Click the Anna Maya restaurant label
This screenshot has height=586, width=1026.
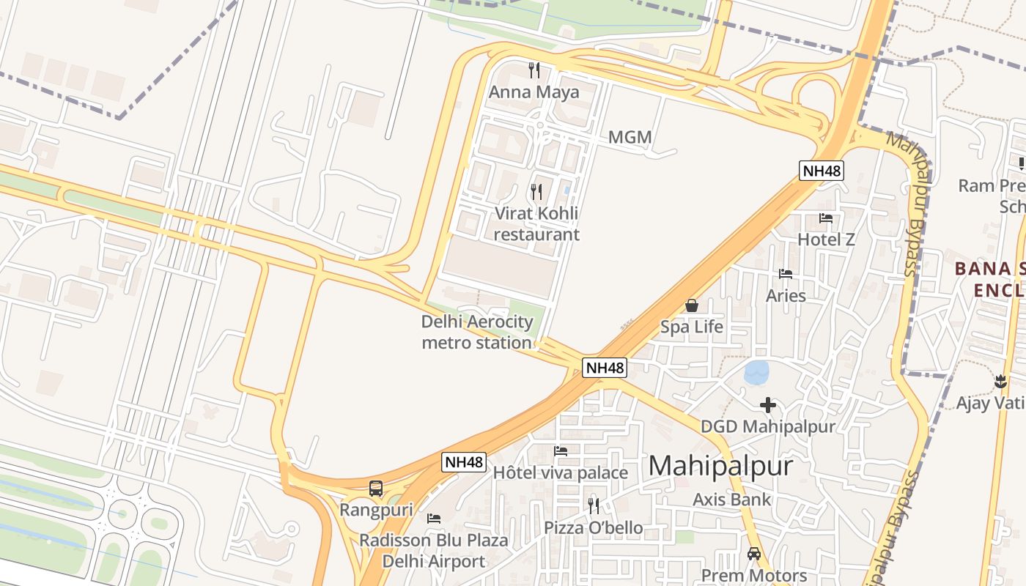(534, 92)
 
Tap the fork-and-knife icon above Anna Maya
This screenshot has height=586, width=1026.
(534, 70)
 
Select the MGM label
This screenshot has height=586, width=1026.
(630, 137)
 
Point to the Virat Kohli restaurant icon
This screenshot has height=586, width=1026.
(536, 192)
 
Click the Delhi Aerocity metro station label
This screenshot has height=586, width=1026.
(477, 332)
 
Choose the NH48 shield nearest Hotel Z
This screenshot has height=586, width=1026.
(822, 171)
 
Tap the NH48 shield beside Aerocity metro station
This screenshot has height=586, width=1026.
(605, 367)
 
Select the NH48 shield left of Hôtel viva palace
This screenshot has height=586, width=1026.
(464, 462)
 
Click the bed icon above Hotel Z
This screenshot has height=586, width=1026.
(826, 218)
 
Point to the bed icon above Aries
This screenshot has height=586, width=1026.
(786, 274)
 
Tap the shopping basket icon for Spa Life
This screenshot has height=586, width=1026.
(691, 305)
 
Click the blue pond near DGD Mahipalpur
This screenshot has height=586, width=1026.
(756, 372)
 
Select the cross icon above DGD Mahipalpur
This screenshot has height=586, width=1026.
(767, 404)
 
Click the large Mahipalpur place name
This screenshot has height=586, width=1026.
(720, 466)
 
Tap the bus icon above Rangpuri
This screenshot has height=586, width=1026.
(376, 488)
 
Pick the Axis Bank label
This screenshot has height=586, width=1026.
(731, 500)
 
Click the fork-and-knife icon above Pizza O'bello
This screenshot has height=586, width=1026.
(593, 505)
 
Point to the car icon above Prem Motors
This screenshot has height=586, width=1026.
(753, 554)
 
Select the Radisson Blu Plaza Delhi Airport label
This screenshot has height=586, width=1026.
(433, 551)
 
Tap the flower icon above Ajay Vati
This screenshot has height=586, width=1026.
(1000, 381)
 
